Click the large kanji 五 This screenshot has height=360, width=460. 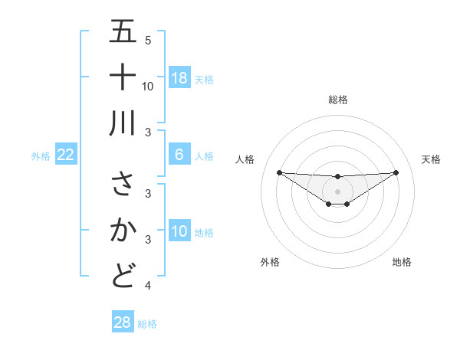point(123,32)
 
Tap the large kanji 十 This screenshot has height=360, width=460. point(123,77)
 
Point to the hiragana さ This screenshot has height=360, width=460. point(123,184)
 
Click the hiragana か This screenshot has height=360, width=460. point(123,230)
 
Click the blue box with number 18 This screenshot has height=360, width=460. point(179,78)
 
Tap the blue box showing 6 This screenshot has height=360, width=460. point(179,155)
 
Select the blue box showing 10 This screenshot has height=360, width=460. point(179,231)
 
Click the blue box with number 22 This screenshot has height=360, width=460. point(66,155)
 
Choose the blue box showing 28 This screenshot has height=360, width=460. point(123,322)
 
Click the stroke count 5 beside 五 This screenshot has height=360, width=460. point(148,41)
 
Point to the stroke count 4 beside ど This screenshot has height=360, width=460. point(148,286)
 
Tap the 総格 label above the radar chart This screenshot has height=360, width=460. point(337,100)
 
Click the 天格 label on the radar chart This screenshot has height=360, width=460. point(431,159)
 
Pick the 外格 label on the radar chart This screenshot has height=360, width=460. point(270,262)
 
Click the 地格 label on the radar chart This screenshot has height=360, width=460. point(402,262)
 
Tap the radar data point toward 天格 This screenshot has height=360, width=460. point(396,172)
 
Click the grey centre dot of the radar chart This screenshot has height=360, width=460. point(337,191)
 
